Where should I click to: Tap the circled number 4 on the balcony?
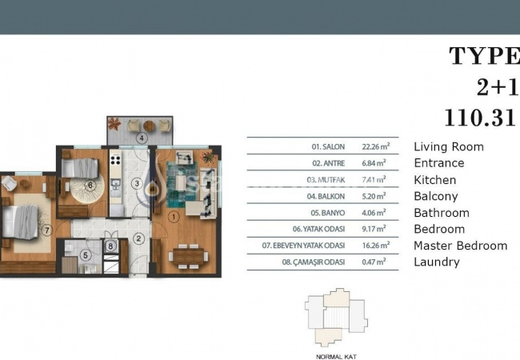click(141, 138)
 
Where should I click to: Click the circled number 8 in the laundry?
click(112, 246)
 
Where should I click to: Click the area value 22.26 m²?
click(375, 147)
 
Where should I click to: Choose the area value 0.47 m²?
click(375, 262)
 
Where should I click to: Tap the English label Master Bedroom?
click(460, 246)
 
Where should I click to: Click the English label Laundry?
click(437, 262)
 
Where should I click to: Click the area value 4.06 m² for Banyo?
click(375, 213)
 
